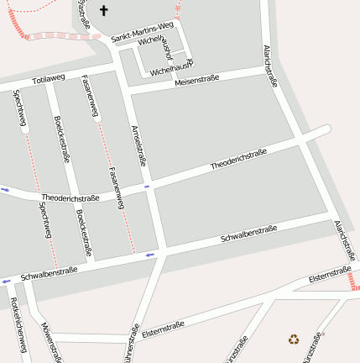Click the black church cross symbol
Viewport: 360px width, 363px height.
pyautogui.click(x=104, y=11)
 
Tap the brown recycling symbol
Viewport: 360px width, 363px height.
pyautogui.click(x=294, y=339)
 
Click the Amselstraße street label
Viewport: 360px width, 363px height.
pyautogui.click(x=140, y=148)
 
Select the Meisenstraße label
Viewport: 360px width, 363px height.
pyautogui.click(x=197, y=80)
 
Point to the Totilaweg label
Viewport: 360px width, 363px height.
pyautogui.click(x=49, y=79)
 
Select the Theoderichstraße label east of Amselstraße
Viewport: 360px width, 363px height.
pyautogui.click(x=238, y=158)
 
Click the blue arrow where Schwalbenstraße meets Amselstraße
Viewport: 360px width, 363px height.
pyautogui.click(x=150, y=255)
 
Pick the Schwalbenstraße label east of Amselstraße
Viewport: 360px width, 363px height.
pyautogui.click(x=248, y=234)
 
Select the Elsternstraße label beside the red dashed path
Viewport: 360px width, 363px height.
pyautogui.click(x=330, y=274)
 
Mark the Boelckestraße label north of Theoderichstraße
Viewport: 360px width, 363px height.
pyautogui.click(x=61, y=139)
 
